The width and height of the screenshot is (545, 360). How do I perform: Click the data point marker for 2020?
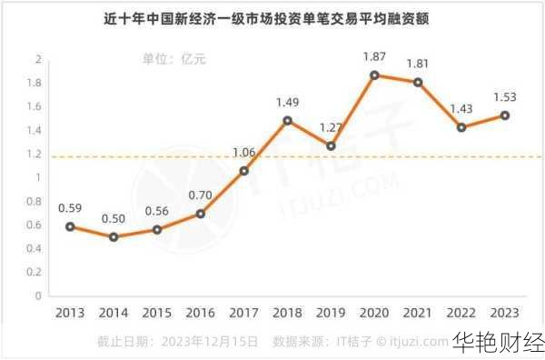(x=374, y=75)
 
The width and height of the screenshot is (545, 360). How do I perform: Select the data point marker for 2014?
(x=114, y=236)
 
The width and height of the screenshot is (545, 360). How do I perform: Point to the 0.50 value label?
(x=114, y=217)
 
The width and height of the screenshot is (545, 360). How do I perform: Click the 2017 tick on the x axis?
(x=244, y=313)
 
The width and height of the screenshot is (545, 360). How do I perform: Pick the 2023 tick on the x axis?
(x=505, y=313)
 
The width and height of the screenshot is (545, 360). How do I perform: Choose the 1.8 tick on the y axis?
(x=37, y=83)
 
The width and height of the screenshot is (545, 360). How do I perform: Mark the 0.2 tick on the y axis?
(x=37, y=272)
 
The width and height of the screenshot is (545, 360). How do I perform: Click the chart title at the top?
(x=272, y=18)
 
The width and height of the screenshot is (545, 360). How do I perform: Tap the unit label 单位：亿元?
(x=174, y=60)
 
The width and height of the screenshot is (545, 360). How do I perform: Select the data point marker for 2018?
(x=288, y=120)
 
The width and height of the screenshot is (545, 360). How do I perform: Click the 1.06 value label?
(x=244, y=152)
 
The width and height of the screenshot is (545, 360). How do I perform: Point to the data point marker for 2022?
(x=461, y=127)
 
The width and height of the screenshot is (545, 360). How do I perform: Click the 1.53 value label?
(x=505, y=96)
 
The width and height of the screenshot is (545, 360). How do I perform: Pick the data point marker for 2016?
(x=201, y=214)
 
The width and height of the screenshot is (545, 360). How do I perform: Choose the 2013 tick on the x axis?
(x=70, y=313)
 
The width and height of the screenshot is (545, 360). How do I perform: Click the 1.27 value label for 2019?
(x=332, y=127)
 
